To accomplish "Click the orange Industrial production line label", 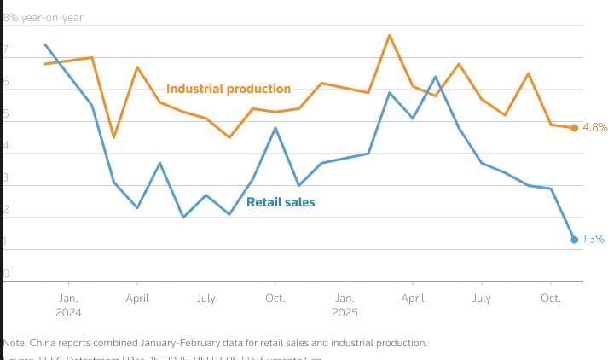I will (x=228, y=89).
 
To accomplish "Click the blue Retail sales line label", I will (x=281, y=202).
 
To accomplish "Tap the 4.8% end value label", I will (x=594, y=127).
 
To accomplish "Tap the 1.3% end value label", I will (x=593, y=240).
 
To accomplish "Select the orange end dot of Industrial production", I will (x=574, y=128).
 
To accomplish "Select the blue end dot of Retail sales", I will (x=574, y=240).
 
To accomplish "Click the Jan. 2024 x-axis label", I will (x=69, y=305).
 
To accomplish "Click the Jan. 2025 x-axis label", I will (x=345, y=305).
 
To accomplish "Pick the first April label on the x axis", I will (x=138, y=299).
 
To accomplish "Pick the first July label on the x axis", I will (x=206, y=299).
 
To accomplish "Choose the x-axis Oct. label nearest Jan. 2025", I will (x=275, y=299).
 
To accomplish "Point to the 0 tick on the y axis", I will (x=6, y=274).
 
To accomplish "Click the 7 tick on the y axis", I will (x=6, y=51).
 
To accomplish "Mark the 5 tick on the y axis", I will (x=6, y=115).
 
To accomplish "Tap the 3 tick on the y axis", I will (x=6, y=179).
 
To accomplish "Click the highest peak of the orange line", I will (x=390, y=35).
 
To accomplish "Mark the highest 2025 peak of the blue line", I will (x=436, y=77).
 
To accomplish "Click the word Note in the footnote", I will (x=14, y=342).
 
